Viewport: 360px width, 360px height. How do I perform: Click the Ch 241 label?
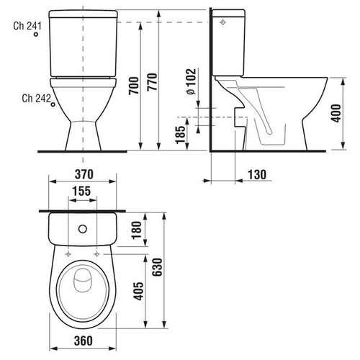tap(27, 26)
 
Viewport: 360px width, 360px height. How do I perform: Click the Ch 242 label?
tap(37, 98)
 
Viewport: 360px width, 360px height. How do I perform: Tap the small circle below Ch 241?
tap(36, 35)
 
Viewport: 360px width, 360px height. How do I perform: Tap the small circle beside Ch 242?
tap(53, 104)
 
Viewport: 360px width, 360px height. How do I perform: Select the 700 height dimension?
tap(134, 86)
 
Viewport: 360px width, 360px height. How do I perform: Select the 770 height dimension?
tap(152, 82)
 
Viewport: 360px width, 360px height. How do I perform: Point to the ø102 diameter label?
tap(192, 81)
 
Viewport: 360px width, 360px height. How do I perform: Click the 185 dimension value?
tap(181, 135)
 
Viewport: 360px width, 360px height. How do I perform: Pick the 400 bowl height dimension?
tap(336, 113)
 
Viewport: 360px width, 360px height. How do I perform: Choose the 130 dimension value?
tap(257, 174)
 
